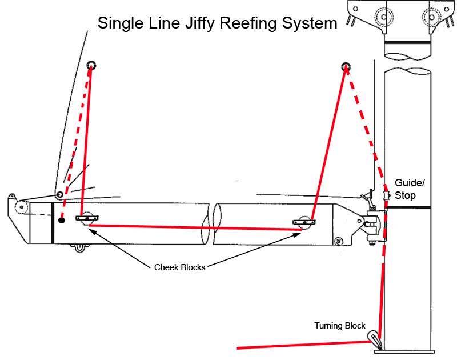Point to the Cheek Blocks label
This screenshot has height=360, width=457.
[x=179, y=267]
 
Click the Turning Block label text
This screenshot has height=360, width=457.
[x=339, y=326]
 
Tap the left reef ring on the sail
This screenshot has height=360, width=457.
[x=91, y=66]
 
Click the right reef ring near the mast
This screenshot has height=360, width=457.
[x=346, y=67]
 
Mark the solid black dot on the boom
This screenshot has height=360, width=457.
[x=61, y=219]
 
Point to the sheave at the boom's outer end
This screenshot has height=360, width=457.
[x=21, y=207]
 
